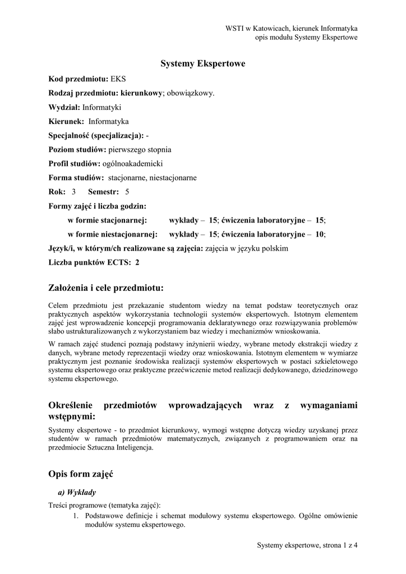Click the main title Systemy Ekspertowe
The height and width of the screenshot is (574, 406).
pos(203,64)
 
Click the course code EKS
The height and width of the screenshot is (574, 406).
pos(118,78)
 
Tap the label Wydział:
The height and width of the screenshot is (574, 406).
pos(64,107)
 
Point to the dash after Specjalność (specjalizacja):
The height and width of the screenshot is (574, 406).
pos(147,135)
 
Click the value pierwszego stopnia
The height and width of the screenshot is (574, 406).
pos(140,150)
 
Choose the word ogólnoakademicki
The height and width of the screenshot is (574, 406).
pos(132,164)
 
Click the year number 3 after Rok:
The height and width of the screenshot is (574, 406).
pos(73,192)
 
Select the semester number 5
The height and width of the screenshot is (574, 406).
pos(127,192)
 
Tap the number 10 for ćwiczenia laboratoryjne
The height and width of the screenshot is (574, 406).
pos(320,234)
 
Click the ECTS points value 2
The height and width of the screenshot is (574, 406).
pos(137,262)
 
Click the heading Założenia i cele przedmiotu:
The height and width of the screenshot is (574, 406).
pos(106,288)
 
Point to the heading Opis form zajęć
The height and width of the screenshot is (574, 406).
pos(81,474)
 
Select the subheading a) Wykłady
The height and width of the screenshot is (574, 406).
pos(77,493)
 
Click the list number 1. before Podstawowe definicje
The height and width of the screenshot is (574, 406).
pos(77,515)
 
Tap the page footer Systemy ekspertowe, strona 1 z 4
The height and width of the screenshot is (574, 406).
pos(307,545)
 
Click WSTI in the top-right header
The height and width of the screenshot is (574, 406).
pos(235,27)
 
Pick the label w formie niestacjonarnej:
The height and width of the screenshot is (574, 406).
pos(112,234)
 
